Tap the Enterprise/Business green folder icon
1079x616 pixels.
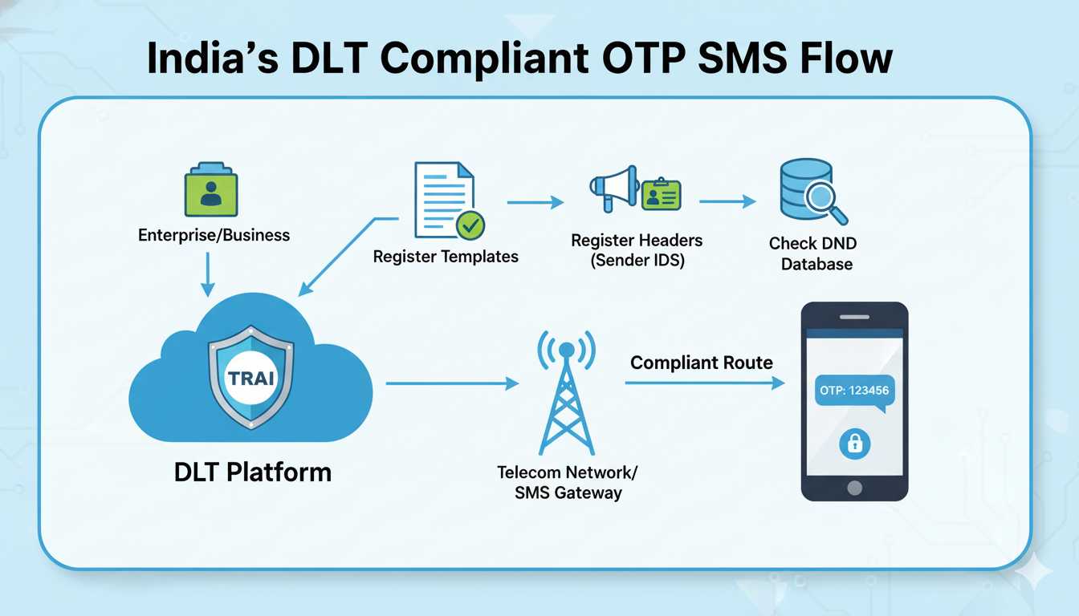click(x=210, y=191)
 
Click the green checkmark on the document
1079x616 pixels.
click(x=470, y=225)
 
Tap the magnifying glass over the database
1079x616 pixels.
click(x=827, y=201)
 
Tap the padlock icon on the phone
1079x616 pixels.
click(x=854, y=443)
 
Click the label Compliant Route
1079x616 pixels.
click(x=701, y=363)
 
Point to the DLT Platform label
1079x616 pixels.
click(x=252, y=472)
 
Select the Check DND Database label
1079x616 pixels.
click(x=812, y=253)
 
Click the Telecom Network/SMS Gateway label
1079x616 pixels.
click(x=568, y=482)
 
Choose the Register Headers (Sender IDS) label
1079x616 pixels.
click(x=637, y=250)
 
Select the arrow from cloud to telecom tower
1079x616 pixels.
click(x=453, y=384)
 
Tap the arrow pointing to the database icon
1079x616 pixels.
click(x=727, y=202)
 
